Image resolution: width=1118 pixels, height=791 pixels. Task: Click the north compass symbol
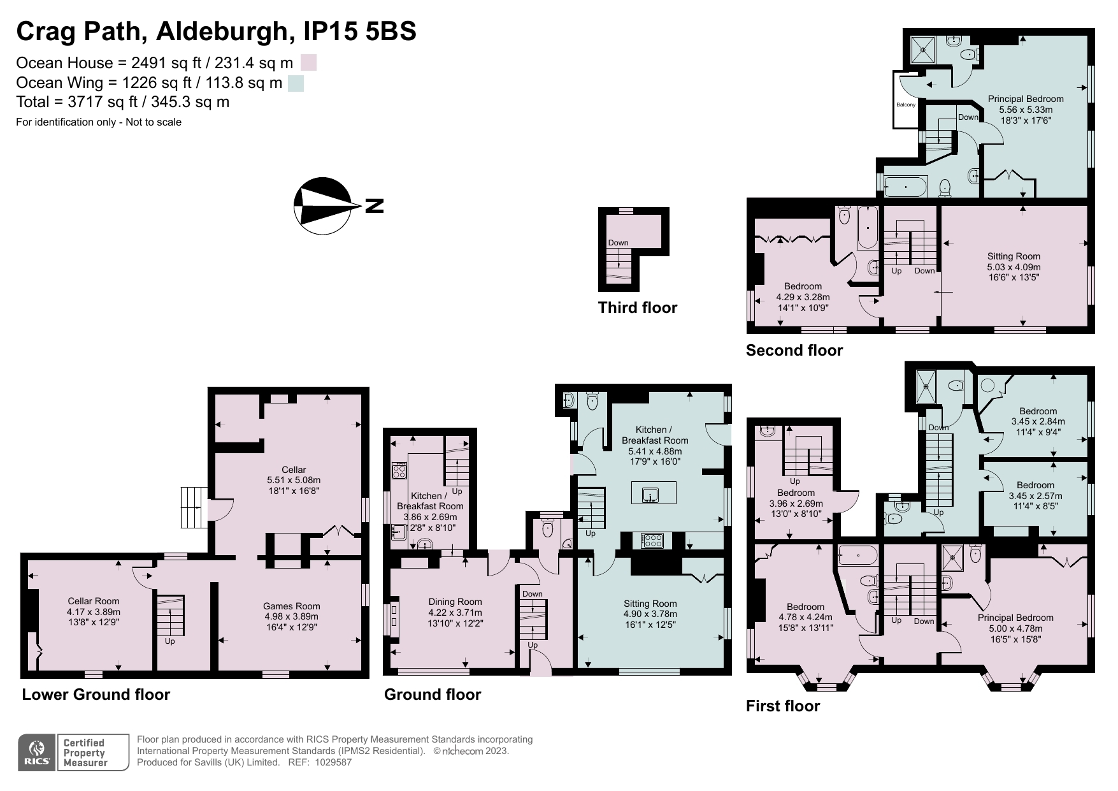(322, 205)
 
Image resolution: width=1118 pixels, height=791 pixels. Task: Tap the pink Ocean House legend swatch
(308, 62)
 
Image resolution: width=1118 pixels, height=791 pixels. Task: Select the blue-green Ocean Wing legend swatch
(296, 83)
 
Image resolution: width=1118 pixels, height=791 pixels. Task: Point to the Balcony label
(906, 105)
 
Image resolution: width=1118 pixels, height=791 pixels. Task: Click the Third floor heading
(637, 308)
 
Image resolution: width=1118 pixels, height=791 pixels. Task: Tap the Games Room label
(292, 606)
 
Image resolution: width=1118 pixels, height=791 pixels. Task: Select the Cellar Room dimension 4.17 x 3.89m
(94, 611)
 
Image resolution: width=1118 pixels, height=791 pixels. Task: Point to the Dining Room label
(455, 602)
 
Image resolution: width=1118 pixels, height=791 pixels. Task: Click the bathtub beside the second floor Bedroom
(867, 228)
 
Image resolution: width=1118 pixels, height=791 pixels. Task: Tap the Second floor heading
(794, 351)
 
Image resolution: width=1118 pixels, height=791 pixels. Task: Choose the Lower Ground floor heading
(96, 695)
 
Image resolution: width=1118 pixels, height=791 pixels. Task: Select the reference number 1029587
(331, 762)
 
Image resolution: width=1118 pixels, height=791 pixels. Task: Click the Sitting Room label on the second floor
(1014, 256)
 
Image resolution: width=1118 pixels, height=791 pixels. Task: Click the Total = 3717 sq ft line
(122, 102)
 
